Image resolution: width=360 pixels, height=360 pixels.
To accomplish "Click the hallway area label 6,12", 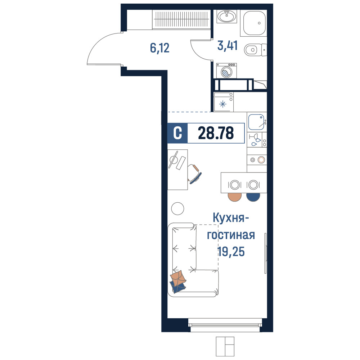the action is pos(159,48).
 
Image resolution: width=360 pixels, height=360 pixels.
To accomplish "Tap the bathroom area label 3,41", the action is pos(228,45).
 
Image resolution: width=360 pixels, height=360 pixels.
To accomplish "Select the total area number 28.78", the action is pos(216,133).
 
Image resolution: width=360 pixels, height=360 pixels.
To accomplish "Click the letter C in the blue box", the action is pos(177,133).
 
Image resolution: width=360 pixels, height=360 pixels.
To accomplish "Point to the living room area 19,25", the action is pos(231,252).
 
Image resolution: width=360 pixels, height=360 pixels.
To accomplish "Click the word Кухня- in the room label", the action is pos(230,218).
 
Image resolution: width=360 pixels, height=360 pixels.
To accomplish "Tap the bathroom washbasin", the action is pos(226,17).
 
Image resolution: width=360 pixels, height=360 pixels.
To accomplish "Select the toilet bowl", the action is pos(255,50).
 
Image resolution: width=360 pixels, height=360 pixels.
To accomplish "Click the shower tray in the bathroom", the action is pos(254,23).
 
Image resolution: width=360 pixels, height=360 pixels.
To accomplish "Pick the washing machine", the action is pos(226,71).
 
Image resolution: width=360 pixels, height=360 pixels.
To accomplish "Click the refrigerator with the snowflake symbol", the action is pos(224,102).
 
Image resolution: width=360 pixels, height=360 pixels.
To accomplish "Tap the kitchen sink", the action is pos(256,122).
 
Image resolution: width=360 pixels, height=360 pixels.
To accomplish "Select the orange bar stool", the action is pos(235,197).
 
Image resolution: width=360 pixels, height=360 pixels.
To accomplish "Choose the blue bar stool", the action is pos(253,197).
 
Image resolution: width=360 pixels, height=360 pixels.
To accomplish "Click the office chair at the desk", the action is pos(194,174).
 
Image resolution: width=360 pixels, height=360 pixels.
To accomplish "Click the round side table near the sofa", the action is pos(178,209).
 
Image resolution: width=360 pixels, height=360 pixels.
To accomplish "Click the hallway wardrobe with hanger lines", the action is pos(181,19).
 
